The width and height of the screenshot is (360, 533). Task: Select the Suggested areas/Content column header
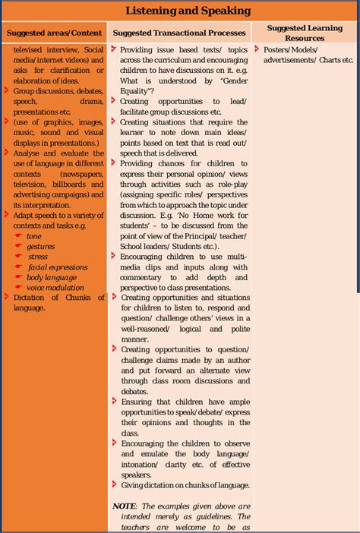click(x=54, y=33)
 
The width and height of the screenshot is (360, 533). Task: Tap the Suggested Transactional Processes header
click(x=179, y=33)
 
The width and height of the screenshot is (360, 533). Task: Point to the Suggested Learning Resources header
click(x=305, y=33)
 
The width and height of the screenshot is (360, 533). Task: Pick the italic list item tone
click(x=34, y=236)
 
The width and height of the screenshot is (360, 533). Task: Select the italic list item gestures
click(x=40, y=247)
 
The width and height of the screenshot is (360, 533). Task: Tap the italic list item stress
click(x=37, y=257)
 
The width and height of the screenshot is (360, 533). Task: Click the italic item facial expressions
click(x=58, y=267)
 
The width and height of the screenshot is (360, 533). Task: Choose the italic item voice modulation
click(x=55, y=288)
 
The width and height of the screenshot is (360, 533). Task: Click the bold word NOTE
click(x=123, y=506)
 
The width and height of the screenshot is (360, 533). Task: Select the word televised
click(x=30, y=49)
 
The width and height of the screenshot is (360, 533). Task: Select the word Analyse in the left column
click(x=28, y=153)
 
